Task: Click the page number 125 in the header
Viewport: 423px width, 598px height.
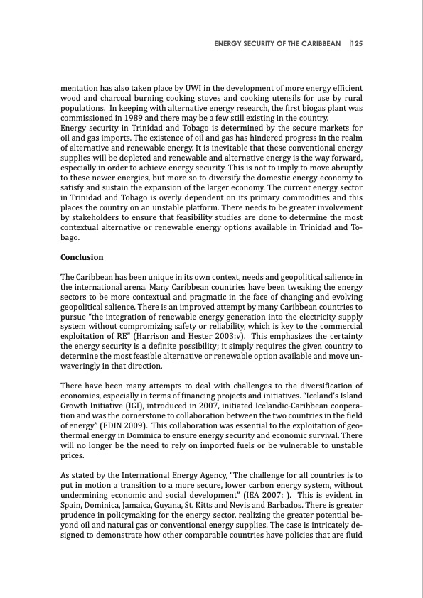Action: pyautogui.click(x=357, y=43)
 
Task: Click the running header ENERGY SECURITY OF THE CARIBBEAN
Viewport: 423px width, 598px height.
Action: pyautogui.click(x=277, y=43)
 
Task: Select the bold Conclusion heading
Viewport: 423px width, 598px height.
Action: pyautogui.click(x=82, y=257)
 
